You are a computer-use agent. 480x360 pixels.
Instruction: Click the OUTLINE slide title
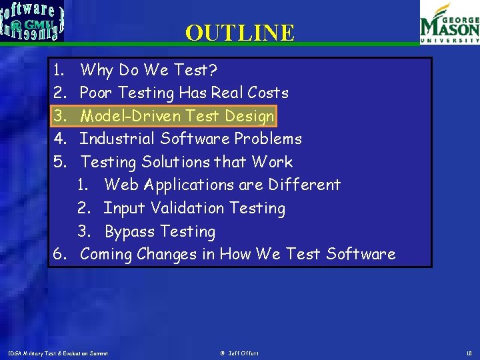(x=239, y=33)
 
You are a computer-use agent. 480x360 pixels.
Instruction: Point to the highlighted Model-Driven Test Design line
(x=177, y=116)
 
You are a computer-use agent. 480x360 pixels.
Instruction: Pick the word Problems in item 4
(x=268, y=139)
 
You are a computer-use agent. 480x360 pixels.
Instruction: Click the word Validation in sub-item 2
(x=187, y=208)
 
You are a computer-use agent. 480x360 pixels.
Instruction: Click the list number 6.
(x=60, y=254)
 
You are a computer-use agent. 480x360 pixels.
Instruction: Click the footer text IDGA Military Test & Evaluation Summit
(x=58, y=353)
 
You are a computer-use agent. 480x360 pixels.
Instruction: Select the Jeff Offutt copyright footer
(x=240, y=353)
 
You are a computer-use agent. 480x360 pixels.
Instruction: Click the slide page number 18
(x=469, y=353)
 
